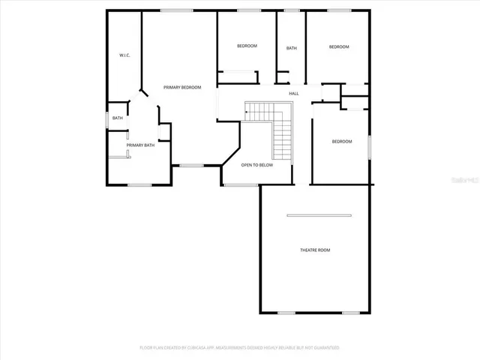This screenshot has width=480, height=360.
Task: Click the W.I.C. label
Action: [x=124, y=55]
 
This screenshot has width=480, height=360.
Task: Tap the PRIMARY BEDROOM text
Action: [x=182, y=88]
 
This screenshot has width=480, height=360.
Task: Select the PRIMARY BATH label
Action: [x=140, y=145]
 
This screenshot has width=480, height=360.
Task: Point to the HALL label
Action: [x=294, y=93]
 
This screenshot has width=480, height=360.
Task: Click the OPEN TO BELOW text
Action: [x=256, y=165]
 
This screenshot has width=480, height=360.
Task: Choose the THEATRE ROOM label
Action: [x=315, y=250]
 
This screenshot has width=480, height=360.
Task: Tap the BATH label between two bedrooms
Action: [x=291, y=49]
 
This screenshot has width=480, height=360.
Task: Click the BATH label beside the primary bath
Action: [x=118, y=118]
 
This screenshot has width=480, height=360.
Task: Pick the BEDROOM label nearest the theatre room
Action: [x=342, y=141]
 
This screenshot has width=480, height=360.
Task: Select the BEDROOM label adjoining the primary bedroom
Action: [x=247, y=46]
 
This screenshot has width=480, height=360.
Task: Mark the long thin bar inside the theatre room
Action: [x=319, y=216]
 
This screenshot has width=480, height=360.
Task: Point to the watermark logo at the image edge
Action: [x=468, y=180]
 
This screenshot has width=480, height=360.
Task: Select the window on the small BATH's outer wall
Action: [x=106, y=118]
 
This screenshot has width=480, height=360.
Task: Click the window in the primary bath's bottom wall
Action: [x=139, y=185]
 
